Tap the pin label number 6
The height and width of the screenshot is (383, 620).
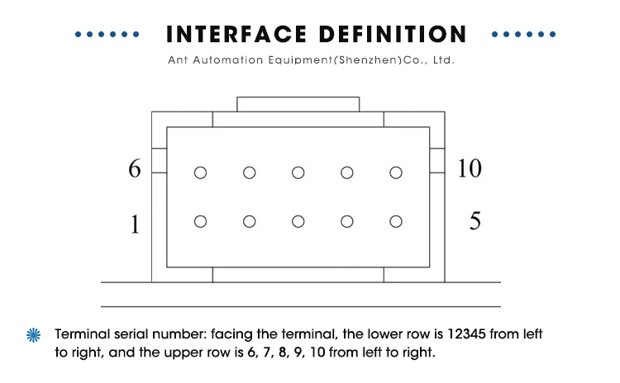coord(136,169)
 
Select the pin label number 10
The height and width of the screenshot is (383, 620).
coord(469,168)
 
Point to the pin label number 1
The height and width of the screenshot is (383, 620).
coord(136,224)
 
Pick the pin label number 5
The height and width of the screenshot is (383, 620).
coord(475,222)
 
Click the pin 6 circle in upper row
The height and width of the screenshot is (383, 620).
coord(200,173)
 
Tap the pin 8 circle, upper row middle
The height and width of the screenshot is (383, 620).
coord(298,173)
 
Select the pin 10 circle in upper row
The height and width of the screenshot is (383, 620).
coord(396,173)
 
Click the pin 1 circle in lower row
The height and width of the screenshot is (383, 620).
coord(200,221)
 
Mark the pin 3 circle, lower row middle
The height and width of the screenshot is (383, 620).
coord(298,221)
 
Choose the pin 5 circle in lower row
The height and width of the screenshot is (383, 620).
coord(396,221)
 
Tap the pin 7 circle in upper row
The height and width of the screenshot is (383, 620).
coord(250,173)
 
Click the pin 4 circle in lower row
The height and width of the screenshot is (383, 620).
coord(347,221)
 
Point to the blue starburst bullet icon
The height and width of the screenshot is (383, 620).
coord(34,335)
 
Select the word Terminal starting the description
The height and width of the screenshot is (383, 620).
coord(82,335)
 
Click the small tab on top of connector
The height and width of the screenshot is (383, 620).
coord(298,104)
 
